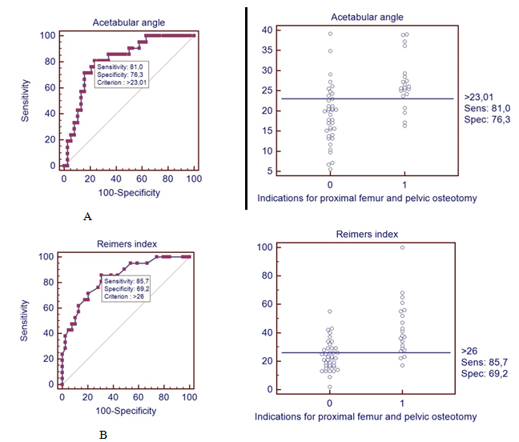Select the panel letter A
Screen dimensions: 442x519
[x=86, y=215]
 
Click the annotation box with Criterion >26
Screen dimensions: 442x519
[x=128, y=286]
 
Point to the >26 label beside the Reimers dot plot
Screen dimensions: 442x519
[x=470, y=351]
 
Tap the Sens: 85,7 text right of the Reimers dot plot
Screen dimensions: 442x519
[x=483, y=362]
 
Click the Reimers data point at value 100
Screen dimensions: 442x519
[x=402, y=247]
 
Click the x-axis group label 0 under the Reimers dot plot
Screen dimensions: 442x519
[x=329, y=402]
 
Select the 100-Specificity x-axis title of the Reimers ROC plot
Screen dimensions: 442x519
[x=127, y=411]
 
